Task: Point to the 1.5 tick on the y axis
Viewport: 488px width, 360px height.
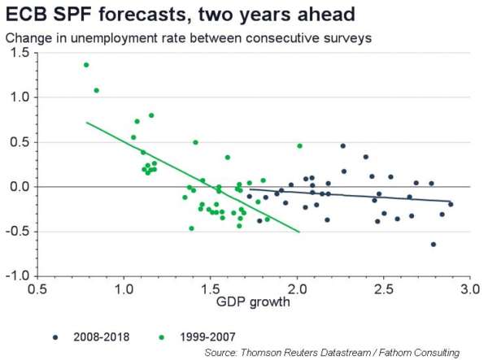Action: [20, 52]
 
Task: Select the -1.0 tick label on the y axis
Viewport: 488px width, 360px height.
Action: [18, 276]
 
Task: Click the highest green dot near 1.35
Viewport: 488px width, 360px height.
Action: [86, 65]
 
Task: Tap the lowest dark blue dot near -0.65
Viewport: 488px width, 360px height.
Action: [434, 244]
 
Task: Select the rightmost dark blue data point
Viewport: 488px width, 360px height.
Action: [451, 204]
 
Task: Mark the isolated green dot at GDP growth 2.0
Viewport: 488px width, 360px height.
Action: [299, 145]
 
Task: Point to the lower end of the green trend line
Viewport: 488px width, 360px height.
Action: [299, 232]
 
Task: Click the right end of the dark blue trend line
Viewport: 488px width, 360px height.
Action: [451, 201]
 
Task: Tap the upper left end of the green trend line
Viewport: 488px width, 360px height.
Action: [86, 122]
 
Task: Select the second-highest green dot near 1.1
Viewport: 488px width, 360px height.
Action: [97, 90]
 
